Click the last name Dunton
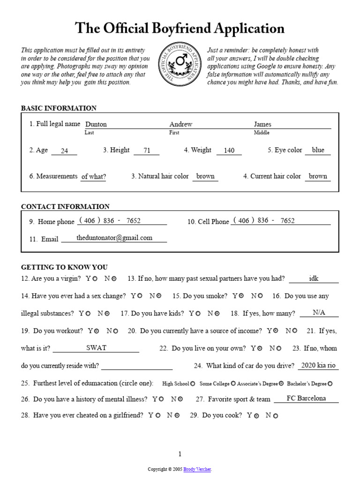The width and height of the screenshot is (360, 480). (96, 125)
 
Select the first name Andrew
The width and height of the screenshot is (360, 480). (181, 125)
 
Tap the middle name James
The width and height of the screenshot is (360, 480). (262, 125)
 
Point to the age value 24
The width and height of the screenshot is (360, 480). (65, 151)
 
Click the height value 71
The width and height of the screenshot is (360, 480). (147, 151)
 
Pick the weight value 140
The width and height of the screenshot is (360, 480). (229, 151)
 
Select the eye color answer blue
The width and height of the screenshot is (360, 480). (318, 150)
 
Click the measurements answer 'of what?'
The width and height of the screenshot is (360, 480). (93, 177)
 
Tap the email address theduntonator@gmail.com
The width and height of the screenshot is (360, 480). (114, 238)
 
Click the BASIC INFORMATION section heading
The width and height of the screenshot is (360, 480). (59, 108)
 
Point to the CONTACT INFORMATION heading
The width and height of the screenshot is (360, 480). (65, 207)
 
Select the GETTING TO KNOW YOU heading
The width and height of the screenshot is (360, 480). (64, 268)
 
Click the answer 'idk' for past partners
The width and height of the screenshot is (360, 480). (314, 278)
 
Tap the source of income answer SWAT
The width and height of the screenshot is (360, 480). (96, 348)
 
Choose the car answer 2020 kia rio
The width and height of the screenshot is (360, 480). (318, 366)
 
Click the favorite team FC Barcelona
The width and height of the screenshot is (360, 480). (306, 398)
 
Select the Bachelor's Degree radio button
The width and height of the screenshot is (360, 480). (330, 384)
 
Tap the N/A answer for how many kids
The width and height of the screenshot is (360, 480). (319, 313)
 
